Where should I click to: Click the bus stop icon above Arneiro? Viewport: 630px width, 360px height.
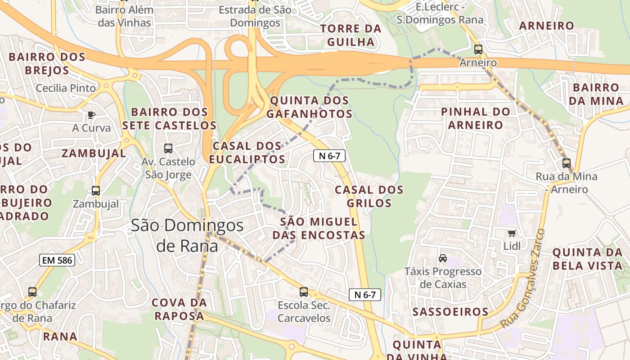pyautogui.click(x=478, y=49)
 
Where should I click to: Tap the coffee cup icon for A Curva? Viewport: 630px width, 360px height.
pyautogui.click(x=91, y=115)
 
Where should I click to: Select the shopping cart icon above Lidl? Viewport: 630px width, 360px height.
pyautogui.click(x=512, y=233)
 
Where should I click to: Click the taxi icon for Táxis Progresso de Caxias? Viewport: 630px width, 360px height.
pyautogui.click(x=443, y=258)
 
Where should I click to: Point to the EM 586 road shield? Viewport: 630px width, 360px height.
pyautogui.click(x=57, y=260)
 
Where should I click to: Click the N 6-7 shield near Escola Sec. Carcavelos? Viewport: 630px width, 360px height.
pyautogui.click(x=365, y=295)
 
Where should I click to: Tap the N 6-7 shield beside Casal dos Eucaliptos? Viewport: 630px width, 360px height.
pyautogui.click(x=329, y=156)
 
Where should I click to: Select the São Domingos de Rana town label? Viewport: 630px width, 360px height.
pyautogui.click(x=187, y=235)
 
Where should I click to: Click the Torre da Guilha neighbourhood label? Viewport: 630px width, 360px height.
pyautogui.click(x=351, y=35)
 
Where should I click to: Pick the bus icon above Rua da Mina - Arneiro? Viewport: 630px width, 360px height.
pyautogui.click(x=566, y=163)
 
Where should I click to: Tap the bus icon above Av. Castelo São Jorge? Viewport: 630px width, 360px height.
pyautogui.click(x=168, y=148)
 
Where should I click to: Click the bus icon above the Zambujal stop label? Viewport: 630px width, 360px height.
pyautogui.click(x=96, y=191)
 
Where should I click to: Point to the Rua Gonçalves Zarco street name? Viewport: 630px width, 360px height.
pyautogui.click(x=522, y=279)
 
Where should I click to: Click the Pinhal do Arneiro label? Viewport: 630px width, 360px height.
pyautogui.click(x=476, y=118)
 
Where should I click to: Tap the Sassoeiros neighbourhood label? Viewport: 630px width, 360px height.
pyautogui.click(x=450, y=311)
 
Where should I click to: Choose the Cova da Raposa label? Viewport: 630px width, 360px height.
pyautogui.click(x=179, y=309)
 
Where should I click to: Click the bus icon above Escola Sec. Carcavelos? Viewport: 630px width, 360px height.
pyautogui.click(x=304, y=292)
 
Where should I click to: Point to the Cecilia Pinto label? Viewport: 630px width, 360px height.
pyautogui.click(x=66, y=88)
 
